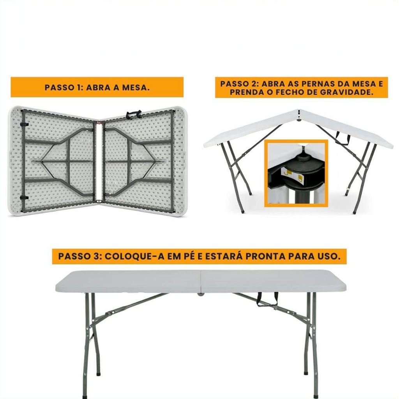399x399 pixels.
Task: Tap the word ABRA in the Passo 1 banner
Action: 98,88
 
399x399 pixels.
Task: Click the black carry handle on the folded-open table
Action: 133,114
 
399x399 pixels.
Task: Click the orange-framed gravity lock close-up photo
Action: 296,173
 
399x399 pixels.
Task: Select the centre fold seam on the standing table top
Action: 201,281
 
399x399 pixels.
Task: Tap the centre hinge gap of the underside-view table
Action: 99,161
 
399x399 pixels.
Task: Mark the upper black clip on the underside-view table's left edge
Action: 24,124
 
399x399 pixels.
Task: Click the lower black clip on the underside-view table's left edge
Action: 24,198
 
